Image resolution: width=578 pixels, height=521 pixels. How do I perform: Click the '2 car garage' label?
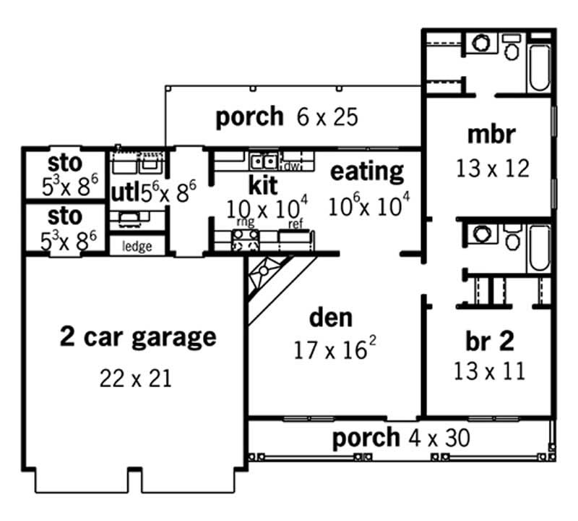[137, 336]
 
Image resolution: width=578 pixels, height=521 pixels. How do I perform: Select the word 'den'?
[331, 317]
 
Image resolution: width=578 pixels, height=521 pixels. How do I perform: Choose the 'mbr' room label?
[491, 135]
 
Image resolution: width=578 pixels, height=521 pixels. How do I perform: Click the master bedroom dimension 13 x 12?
[492, 168]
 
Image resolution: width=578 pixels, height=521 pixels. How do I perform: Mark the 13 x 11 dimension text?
[489, 371]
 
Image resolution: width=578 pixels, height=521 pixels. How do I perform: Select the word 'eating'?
[367, 171]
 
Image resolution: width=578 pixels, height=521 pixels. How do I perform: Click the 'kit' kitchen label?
[263, 184]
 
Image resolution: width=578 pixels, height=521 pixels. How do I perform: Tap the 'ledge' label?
[137, 247]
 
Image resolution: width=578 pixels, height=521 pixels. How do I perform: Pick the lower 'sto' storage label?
[65, 216]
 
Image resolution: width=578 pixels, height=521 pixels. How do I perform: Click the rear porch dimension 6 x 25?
[327, 117]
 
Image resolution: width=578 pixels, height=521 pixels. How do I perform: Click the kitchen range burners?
[246, 240]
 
